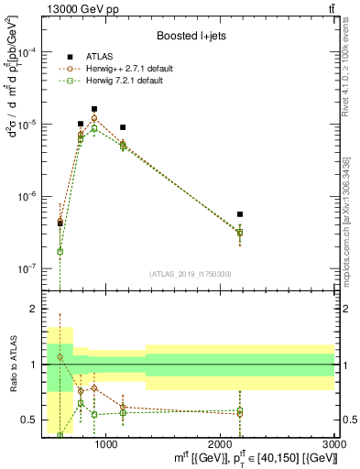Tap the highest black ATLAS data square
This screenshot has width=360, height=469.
pyautogui.click(x=94, y=109)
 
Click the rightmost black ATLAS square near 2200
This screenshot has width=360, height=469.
pyautogui.click(x=240, y=214)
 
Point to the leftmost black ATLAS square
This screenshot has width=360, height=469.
pyautogui.click(x=60, y=223)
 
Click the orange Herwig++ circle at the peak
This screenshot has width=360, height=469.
pyautogui.click(x=94, y=118)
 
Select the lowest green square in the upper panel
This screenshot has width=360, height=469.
pyautogui.click(x=60, y=251)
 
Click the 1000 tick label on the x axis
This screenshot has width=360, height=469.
pyautogui.click(x=106, y=444)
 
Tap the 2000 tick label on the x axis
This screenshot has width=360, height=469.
pyautogui.click(x=221, y=444)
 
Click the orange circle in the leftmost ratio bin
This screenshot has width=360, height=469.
pyautogui.click(x=60, y=357)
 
